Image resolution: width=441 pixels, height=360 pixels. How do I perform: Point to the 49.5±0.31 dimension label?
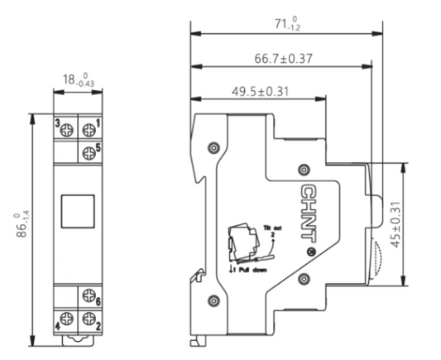click(x=258, y=90)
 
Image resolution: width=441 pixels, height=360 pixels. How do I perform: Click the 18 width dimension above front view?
click(x=76, y=79)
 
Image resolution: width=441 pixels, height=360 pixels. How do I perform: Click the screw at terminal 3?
click(x=66, y=129)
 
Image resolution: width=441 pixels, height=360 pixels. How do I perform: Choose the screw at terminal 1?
click(x=89, y=129)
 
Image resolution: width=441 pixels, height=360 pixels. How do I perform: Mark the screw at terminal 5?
click(x=89, y=151)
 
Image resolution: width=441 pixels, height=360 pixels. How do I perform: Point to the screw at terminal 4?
click(x=66, y=319)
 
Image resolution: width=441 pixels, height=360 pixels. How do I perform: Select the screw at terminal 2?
click(x=88, y=319)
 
